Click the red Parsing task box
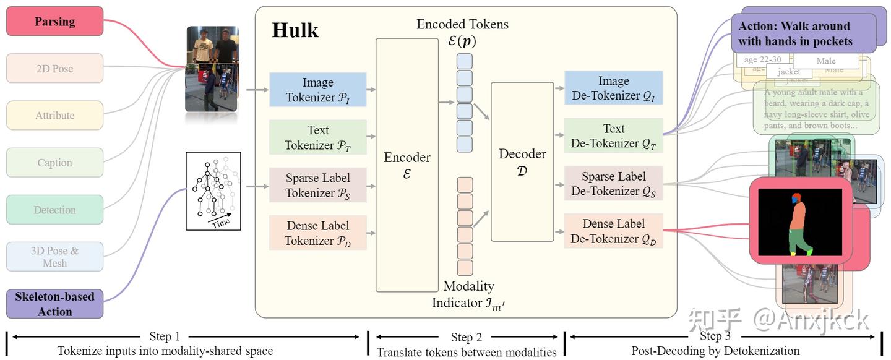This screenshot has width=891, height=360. pyautogui.click(x=54, y=22)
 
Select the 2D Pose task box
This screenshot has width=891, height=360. pyautogui.click(x=54, y=69)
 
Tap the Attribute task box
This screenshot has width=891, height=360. pyautogui.click(x=54, y=116)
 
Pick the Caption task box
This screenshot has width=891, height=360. pyautogui.click(x=54, y=163)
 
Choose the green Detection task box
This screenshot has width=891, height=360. pyautogui.click(x=54, y=210)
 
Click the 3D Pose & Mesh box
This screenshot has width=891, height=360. pyautogui.click(x=54, y=257)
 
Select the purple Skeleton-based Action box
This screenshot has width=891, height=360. pyautogui.click(x=54, y=304)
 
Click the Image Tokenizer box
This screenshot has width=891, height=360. pyautogui.click(x=318, y=90)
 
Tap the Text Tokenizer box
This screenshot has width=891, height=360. pyautogui.click(x=318, y=137)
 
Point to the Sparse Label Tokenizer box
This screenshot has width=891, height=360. pyautogui.click(x=318, y=185)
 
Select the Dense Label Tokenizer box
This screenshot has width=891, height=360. pyautogui.click(x=318, y=233)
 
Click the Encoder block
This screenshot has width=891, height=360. pyautogui.click(x=407, y=165)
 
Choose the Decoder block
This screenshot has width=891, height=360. pyautogui.click(x=522, y=161)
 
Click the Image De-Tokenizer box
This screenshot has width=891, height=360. pyautogui.click(x=613, y=88)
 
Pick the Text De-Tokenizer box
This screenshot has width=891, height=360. pyautogui.click(x=613, y=135)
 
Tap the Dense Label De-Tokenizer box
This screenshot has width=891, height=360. pyautogui.click(x=613, y=231)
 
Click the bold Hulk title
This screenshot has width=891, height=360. pyautogui.click(x=295, y=30)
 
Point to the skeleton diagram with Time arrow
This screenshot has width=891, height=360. pyautogui.click(x=213, y=191)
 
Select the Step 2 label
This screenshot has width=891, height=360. pyautogui.click(x=466, y=337)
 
